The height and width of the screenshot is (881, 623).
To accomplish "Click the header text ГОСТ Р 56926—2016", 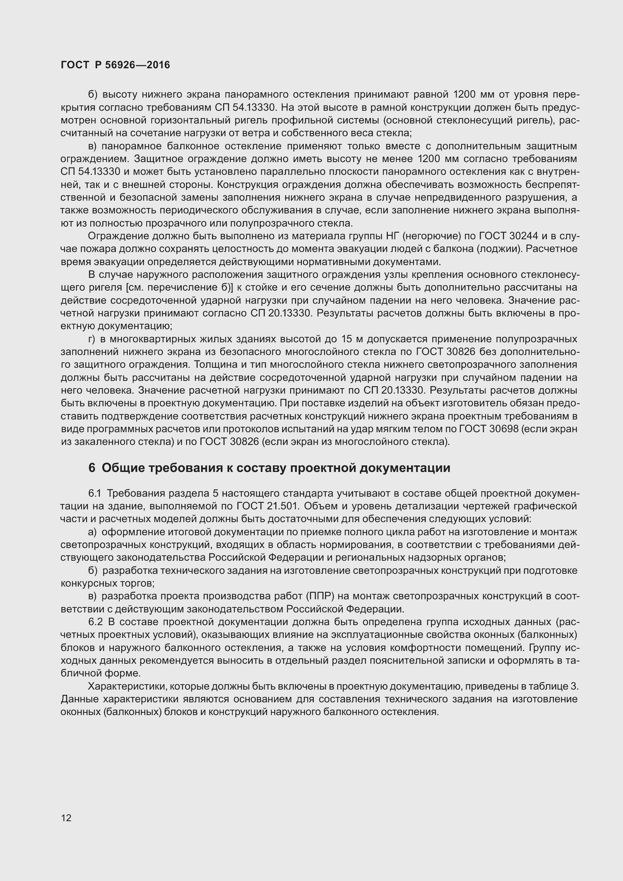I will click(x=115, y=65).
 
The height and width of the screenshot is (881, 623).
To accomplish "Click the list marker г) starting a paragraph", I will click(x=92, y=339).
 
